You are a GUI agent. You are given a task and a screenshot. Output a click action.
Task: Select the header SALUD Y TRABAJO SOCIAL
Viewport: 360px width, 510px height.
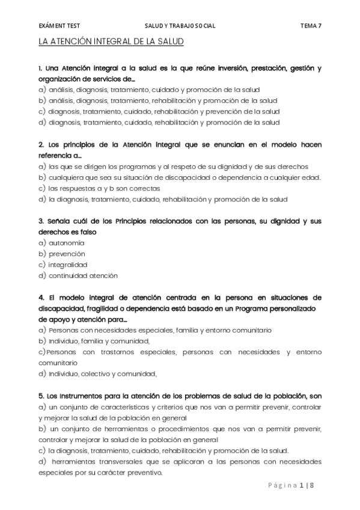coord(180,26)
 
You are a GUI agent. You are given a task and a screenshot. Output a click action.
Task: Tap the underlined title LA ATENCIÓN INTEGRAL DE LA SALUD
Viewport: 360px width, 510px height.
coord(111,42)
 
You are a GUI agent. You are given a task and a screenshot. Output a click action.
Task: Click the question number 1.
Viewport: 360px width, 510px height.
coord(40,68)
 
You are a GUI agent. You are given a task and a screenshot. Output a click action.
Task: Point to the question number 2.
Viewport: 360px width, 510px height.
coord(40,144)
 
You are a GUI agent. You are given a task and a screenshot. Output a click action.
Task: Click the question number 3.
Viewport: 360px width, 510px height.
coord(40,221)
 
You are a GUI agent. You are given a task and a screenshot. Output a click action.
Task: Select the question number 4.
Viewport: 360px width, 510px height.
coord(40,297)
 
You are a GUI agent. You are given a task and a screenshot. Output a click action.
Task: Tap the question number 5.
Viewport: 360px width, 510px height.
coord(40,396)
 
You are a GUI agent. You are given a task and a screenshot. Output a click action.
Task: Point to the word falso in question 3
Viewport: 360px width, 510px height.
coord(87,232)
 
